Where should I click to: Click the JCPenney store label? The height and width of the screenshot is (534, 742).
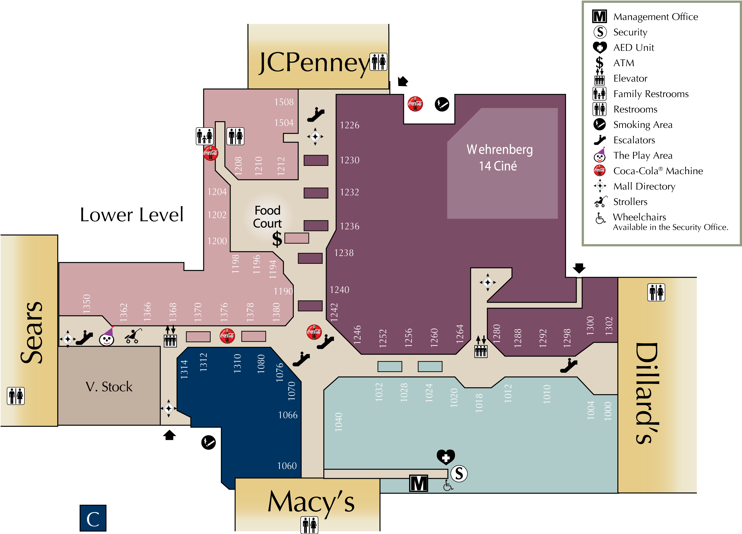click(314, 62)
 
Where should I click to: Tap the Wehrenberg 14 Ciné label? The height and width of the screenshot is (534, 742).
click(499, 158)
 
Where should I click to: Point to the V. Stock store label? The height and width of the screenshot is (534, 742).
click(109, 387)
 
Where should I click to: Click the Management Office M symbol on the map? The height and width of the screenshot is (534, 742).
click(418, 483)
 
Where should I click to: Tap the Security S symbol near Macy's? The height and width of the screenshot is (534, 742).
click(459, 473)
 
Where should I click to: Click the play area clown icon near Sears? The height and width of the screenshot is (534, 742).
click(107, 337)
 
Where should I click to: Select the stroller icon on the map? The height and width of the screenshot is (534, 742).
click(133, 336)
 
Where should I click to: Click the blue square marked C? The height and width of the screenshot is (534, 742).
click(93, 518)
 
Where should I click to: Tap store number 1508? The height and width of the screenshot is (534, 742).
click(284, 102)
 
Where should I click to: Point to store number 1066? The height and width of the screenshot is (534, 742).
click(288, 415)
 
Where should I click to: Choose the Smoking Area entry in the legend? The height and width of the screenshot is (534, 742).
click(643, 125)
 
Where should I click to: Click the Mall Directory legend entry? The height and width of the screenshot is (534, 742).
click(644, 186)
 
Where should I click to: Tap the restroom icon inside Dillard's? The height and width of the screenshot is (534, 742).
click(656, 292)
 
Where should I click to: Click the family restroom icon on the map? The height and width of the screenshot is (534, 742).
click(205, 136)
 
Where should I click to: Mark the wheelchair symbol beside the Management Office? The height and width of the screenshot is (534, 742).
click(448, 486)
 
